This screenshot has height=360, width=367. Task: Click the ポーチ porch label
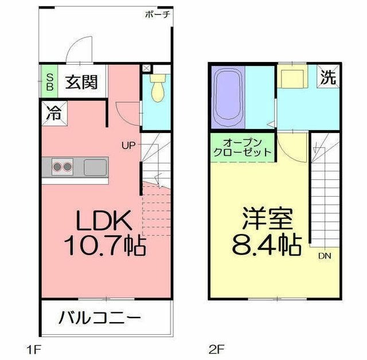click(158, 14)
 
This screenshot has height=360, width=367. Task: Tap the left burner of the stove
click(58, 167)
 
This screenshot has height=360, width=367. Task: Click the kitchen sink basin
click(95, 167)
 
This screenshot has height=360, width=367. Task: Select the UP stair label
click(128, 145)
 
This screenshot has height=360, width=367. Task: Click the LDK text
click(106, 220)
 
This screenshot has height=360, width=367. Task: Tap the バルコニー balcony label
click(99, 317)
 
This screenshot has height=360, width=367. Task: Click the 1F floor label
click(33, 348)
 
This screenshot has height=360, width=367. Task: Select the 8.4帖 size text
click(267, 245)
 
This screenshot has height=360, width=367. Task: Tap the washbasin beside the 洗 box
click(294, 77)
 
